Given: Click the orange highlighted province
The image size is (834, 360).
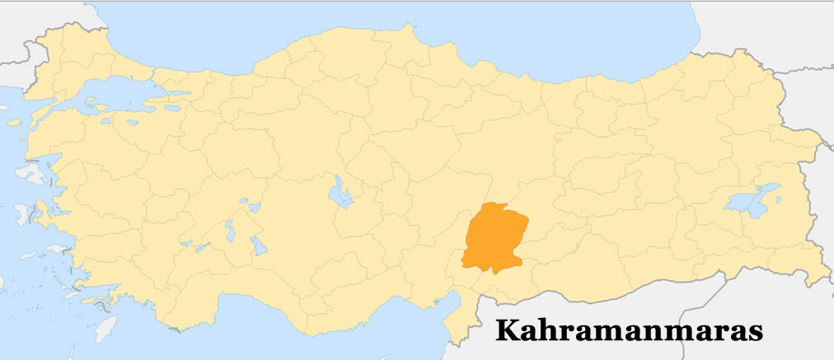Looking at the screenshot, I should (x=494, y=239).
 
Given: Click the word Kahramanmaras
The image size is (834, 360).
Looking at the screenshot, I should (x=629, y=331).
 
